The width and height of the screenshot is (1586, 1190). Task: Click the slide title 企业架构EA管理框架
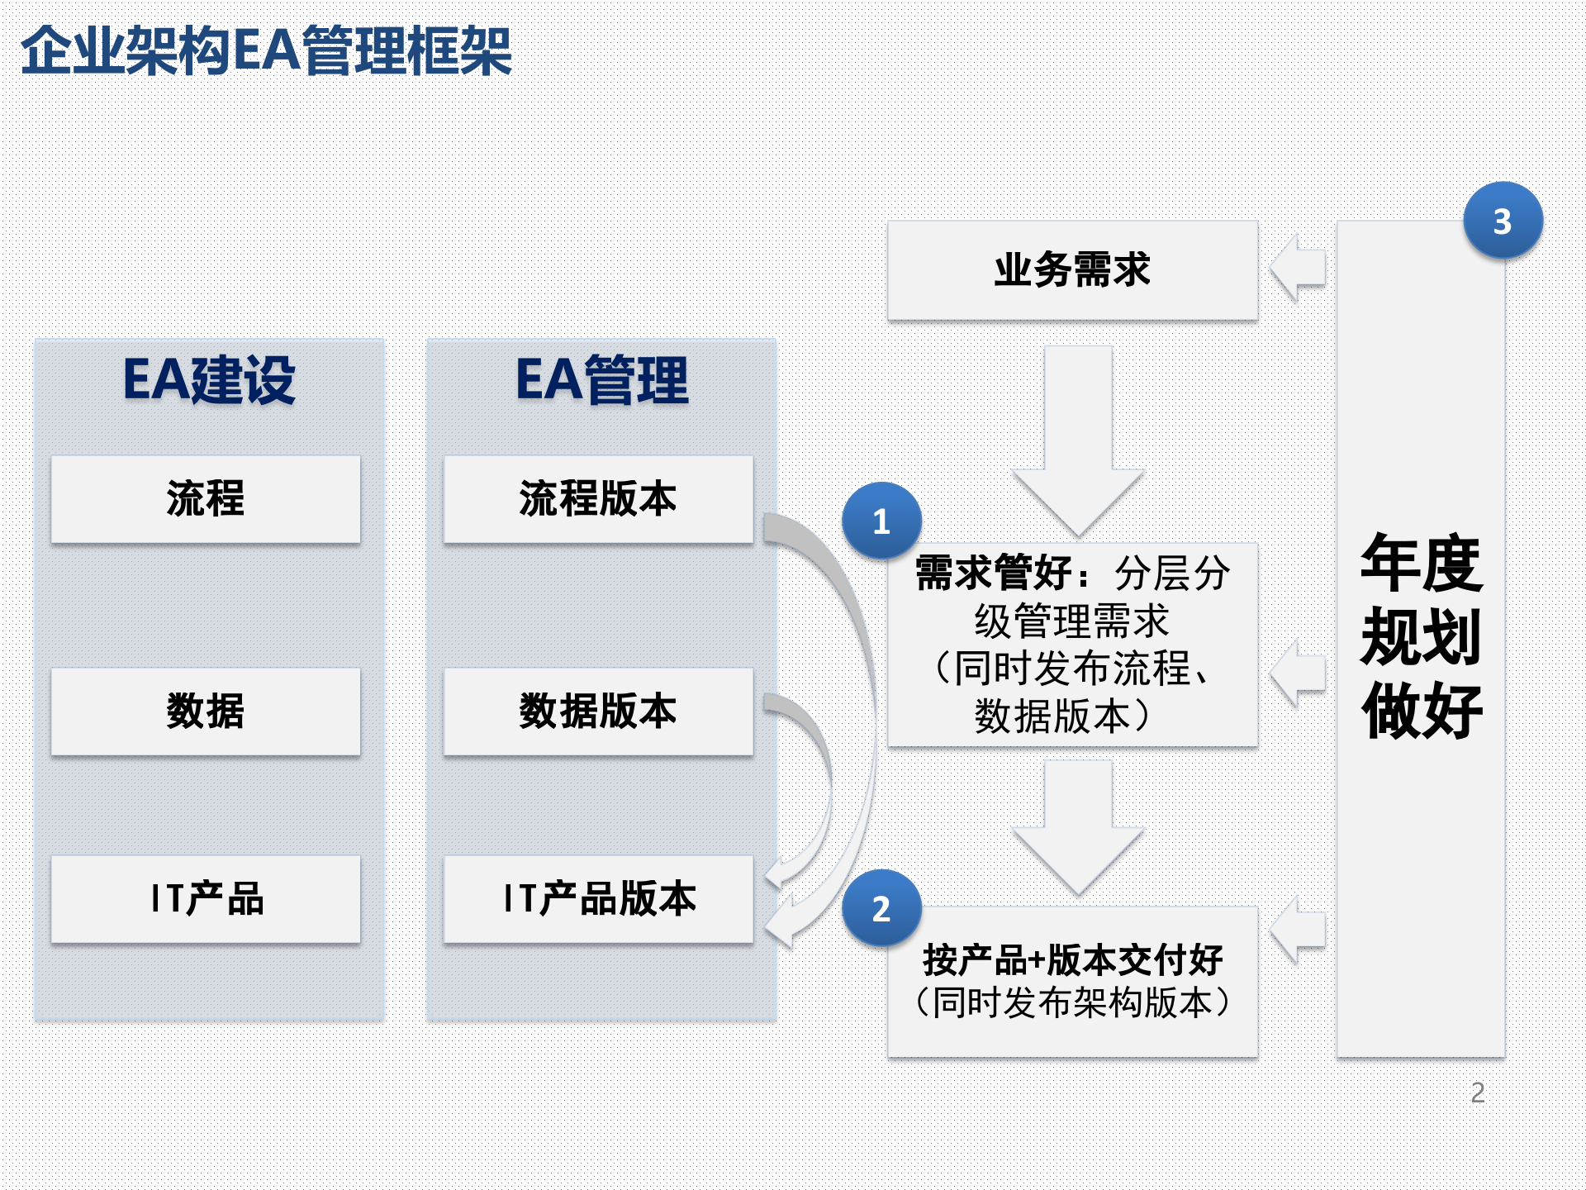tap(266, 51)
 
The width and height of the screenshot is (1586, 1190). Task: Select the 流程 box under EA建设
tap(206, 499)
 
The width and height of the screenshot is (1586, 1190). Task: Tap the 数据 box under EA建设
tap(206, 712)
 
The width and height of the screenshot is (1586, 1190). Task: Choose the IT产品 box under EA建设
tap(206, 899)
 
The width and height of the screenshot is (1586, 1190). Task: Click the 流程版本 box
tap(598, 499)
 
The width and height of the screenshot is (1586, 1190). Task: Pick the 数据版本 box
tap(598, 712)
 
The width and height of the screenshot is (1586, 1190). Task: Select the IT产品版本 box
tap(598, 899)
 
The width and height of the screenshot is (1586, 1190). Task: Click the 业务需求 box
tap(1072, 270)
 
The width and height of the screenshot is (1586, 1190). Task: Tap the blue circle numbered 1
tap(881, 521)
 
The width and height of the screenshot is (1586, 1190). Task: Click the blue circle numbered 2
tap(881, 909)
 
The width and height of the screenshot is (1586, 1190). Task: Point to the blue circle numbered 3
tap(1503, 221)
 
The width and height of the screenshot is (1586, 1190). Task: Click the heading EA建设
tap(209, 381)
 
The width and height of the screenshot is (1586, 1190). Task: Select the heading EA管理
tap(601, 381)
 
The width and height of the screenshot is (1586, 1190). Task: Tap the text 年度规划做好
tap(1421, 636)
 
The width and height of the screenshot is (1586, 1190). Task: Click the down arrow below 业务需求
tap(1078, 438)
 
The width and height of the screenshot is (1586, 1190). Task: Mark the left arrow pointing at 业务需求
tap(1299, 268)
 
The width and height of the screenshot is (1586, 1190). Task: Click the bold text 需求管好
tap(994, 573)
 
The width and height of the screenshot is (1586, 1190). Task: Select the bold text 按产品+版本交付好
tap(1072, 960)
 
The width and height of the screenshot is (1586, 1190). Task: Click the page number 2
tap(1478, 1092)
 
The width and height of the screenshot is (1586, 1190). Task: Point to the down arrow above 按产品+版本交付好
tap(1078, 826)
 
